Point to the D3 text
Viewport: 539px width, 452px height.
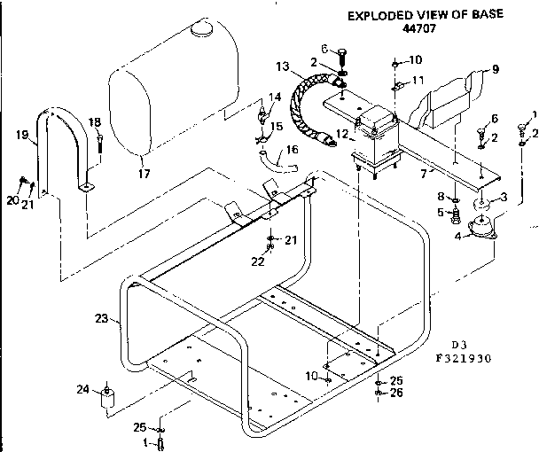pyautogui.click(x=458, y=346)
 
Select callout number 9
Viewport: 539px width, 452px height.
pyautogui.click(x=495, y=68)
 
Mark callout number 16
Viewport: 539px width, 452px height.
pyautogui.click(x=293, y=149)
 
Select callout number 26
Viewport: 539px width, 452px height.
pyautogui.click(x=396, y=393)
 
